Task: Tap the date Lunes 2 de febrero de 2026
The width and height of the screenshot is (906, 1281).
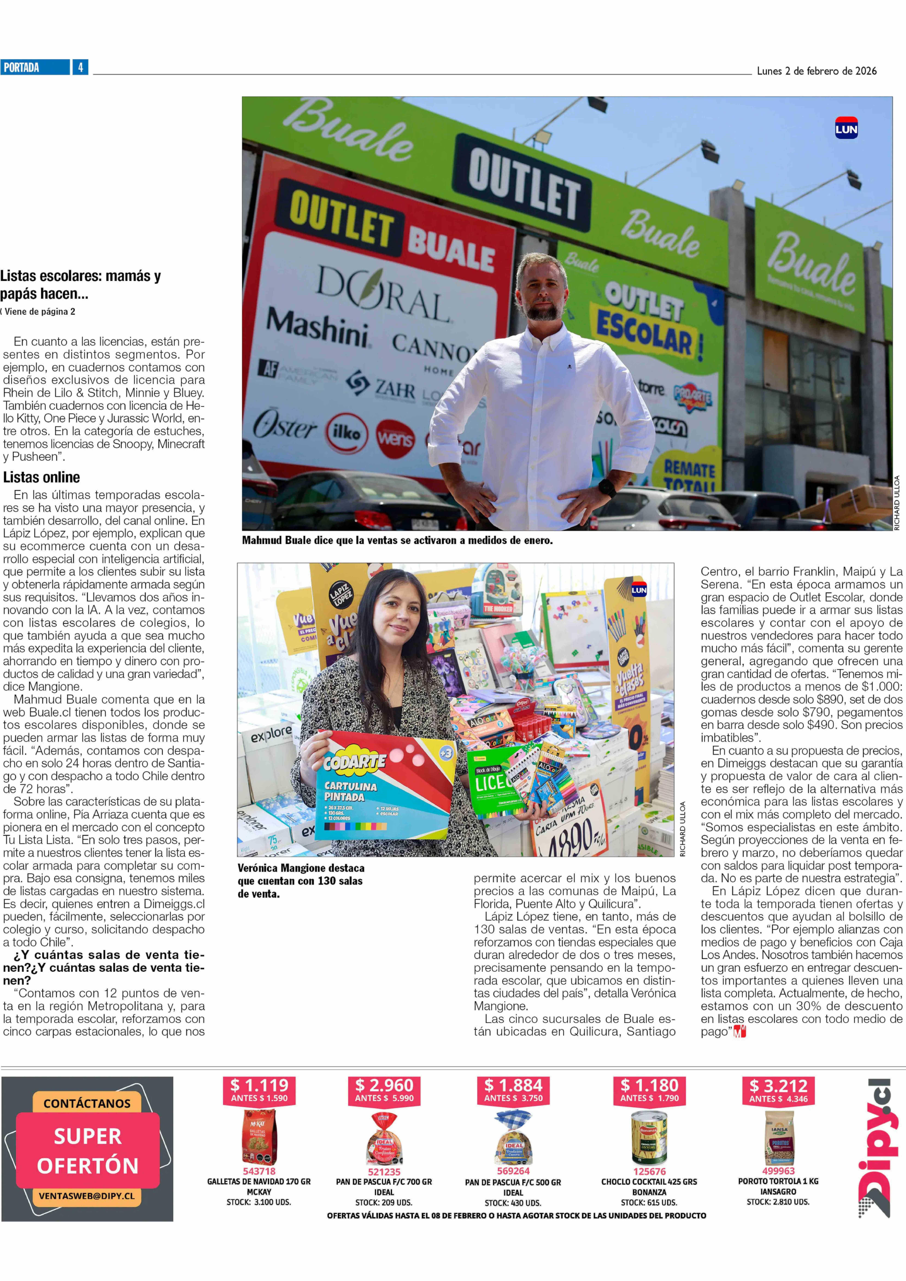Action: [x=816, y=71]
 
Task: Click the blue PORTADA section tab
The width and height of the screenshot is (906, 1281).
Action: [x=35, y=68]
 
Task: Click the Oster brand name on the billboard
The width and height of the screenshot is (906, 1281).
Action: [x=284, y=427]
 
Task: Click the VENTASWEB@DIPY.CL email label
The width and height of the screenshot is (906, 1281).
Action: [x=86, y=1196]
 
